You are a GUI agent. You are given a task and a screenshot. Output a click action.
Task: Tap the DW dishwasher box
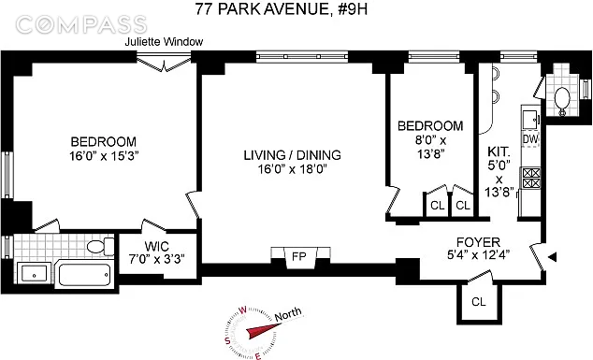(530, 139)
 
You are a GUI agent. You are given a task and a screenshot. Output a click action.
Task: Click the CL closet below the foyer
(479, 302)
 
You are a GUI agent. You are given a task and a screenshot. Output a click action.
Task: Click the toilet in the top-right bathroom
(562, 97)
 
